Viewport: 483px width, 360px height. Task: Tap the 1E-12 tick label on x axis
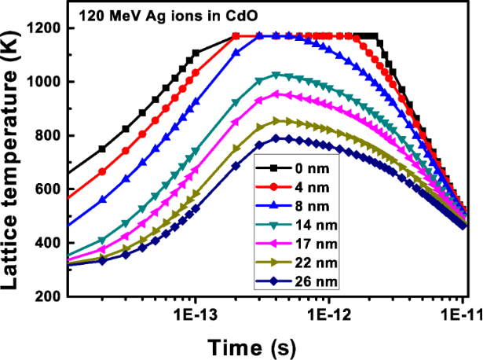pos(329,313)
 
